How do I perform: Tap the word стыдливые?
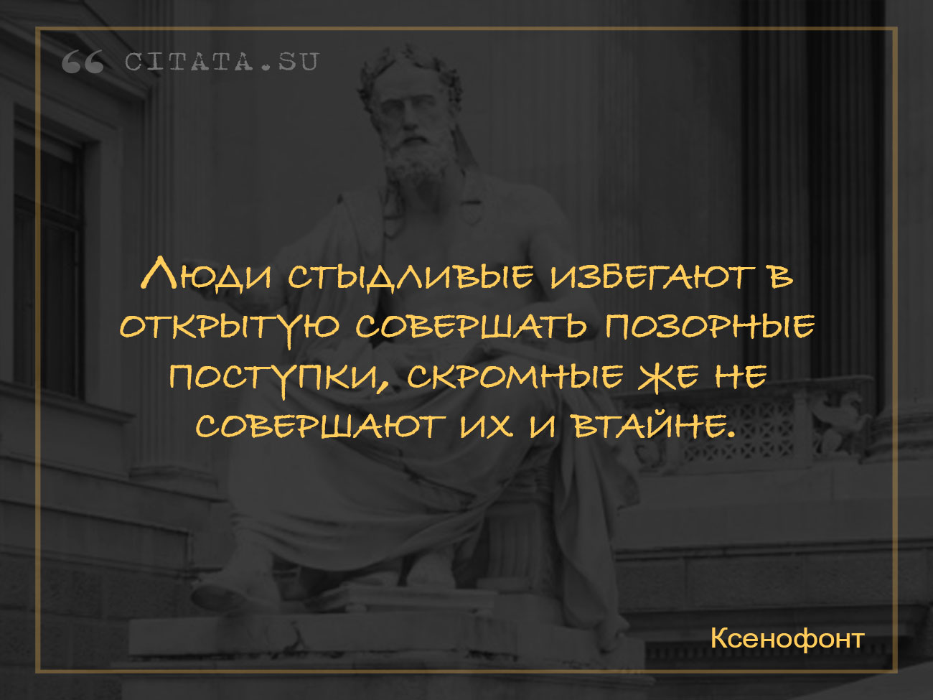click(x=411, y=276)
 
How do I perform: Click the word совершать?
click(x=472, y=327)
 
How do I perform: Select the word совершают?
click(x=321, y=426)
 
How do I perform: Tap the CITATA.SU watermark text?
click(x=222, y=62)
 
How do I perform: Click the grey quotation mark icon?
click(x=83, y=62)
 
